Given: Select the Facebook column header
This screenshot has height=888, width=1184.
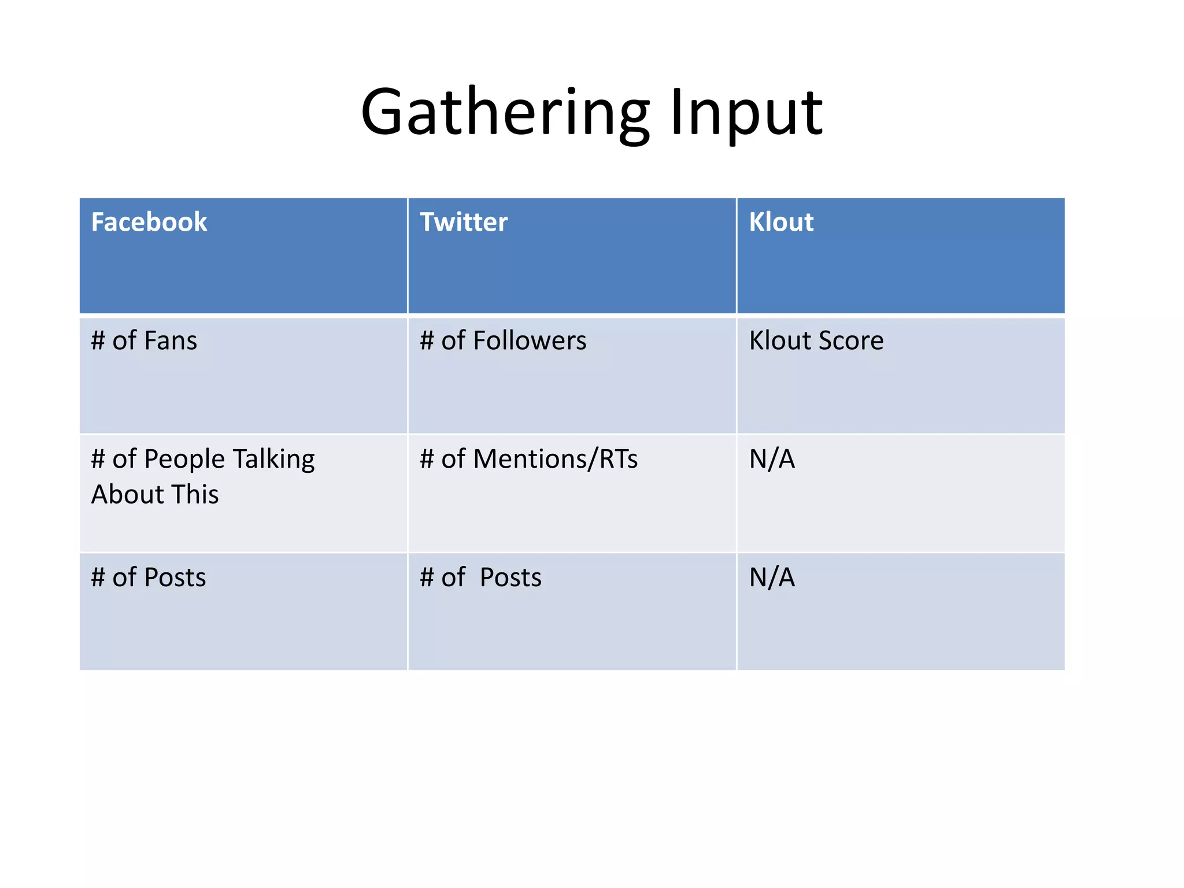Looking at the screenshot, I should pos(149,223).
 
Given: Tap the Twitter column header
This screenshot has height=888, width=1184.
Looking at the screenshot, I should pos(464,223).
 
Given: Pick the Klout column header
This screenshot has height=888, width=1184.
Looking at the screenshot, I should pos(781,223).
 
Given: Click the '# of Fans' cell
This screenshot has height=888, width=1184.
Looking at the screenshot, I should pos(144,341).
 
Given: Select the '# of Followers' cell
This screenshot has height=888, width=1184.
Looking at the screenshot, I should pos(503,341).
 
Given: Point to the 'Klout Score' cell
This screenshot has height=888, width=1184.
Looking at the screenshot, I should pos(816,341).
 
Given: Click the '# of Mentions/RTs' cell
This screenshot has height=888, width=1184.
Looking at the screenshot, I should pos(528,459).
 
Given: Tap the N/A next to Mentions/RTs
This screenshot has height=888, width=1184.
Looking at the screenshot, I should pos(772,459).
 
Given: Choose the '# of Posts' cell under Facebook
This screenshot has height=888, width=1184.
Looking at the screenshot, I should pos(149,578).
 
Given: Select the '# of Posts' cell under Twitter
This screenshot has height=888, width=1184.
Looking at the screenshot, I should pos(481,578).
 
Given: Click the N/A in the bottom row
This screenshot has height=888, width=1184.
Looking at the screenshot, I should pos(772,578).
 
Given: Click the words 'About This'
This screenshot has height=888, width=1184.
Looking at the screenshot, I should pos(155,495).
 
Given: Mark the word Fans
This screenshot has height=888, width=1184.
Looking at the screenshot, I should pos(171,341).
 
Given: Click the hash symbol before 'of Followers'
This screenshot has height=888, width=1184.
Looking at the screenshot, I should pos(427,341).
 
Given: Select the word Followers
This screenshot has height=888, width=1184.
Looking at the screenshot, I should pos(530,341).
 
